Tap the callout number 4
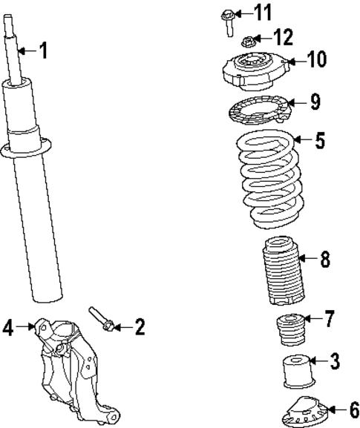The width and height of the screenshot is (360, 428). [7, 326]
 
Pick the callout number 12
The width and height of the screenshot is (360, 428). [284, 36]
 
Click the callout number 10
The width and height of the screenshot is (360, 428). [316, 59]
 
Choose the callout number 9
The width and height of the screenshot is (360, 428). [315, 102]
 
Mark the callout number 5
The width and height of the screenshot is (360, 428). [320, 140]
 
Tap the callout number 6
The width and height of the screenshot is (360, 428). [353, 409]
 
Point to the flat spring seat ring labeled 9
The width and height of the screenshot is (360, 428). [257, 110]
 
